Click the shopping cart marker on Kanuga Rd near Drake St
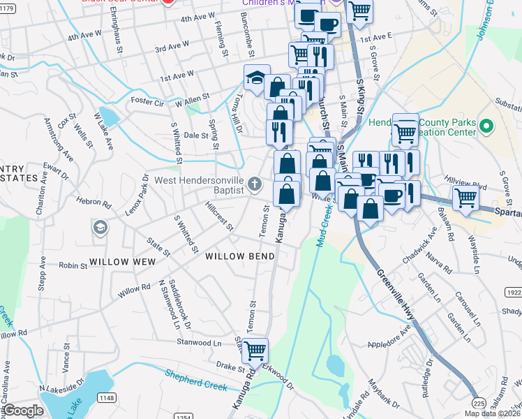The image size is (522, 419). (x=255, y=350)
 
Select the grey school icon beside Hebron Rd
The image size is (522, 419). (x=100, y=228)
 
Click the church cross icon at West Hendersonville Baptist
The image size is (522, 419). (x=255, y=185)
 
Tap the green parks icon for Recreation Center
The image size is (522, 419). (x=487, y=127)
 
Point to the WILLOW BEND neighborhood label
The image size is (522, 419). (x=240, y=256)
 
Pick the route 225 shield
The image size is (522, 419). (x=478, y=403)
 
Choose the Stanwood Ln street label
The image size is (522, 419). (x=198, y=343)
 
